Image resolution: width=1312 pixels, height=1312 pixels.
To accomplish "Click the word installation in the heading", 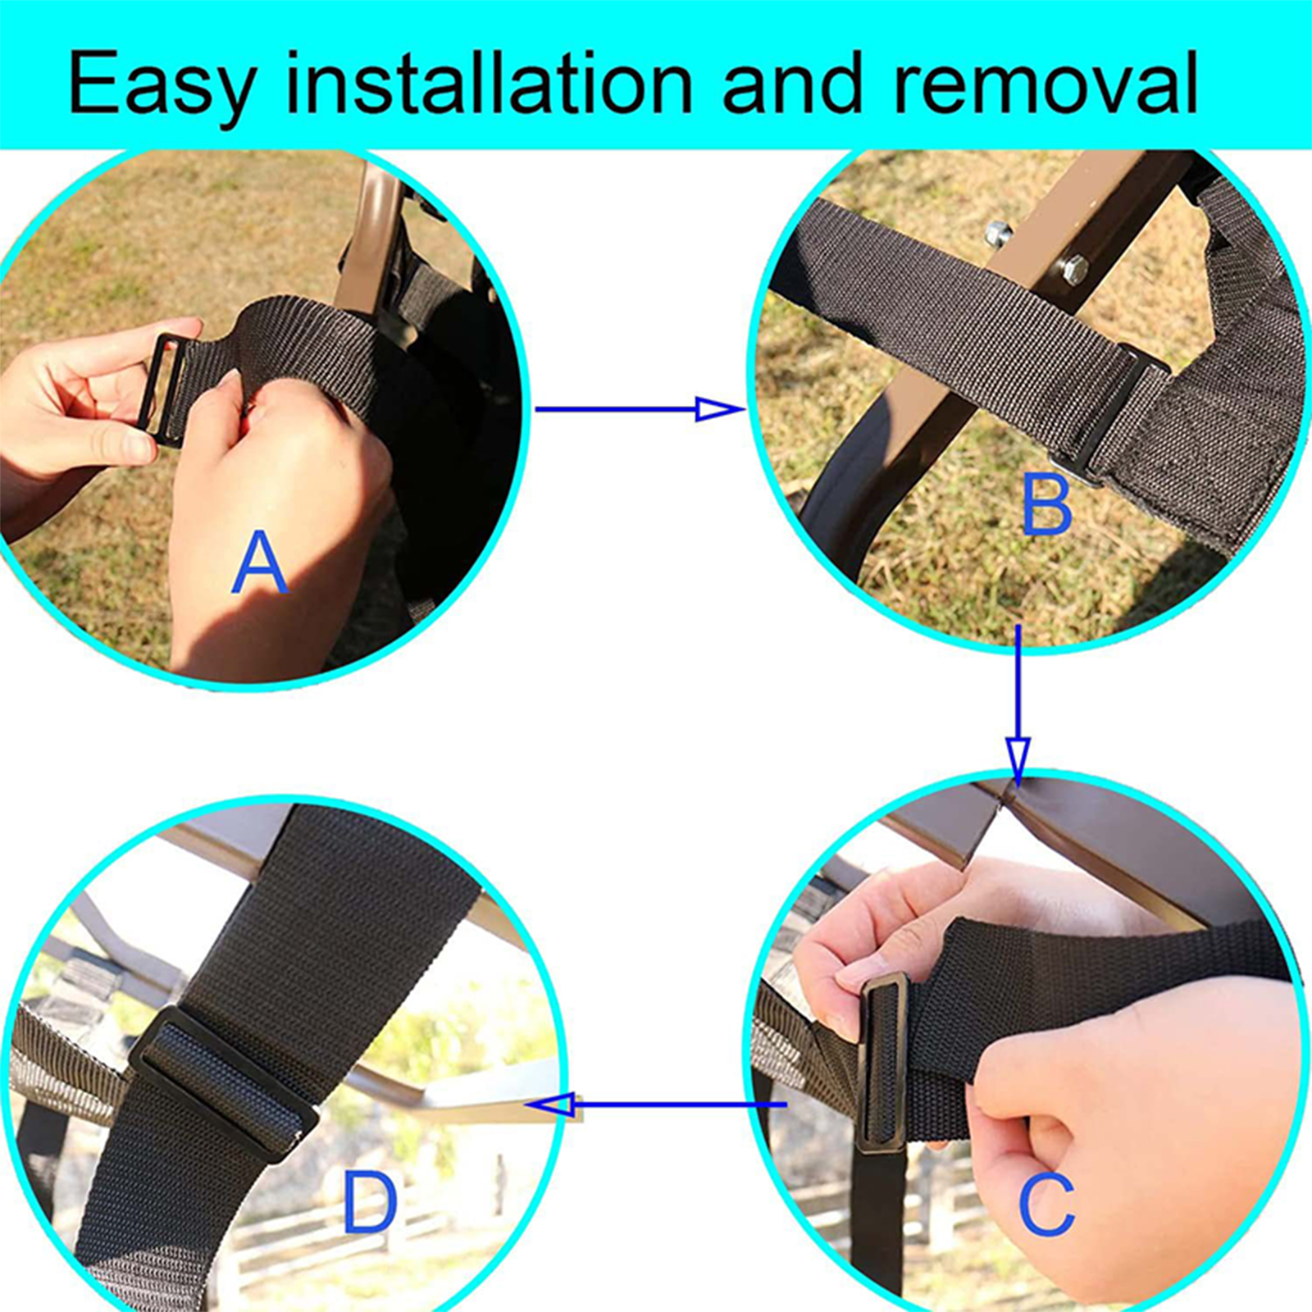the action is [x=489, y=82].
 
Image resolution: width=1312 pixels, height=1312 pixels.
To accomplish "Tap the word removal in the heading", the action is [x=1046, y=82].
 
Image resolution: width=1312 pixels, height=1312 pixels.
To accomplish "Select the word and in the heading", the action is [x=792, y=82].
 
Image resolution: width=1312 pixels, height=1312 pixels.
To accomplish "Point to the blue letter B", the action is [x=1047, y=505].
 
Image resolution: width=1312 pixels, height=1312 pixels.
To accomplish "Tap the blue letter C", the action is [x=1046, y=1204].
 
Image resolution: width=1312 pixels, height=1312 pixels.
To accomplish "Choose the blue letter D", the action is [x=370, y=1201].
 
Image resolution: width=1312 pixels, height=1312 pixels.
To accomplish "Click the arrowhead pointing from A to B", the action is [x=719, y=408].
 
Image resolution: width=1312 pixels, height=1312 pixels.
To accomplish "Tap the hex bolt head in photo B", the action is [x=1073, y=270].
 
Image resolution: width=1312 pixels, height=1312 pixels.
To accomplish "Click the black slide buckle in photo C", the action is [x=881, y=1064].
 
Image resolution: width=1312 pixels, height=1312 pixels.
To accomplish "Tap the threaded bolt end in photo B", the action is [x=997, y=234].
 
